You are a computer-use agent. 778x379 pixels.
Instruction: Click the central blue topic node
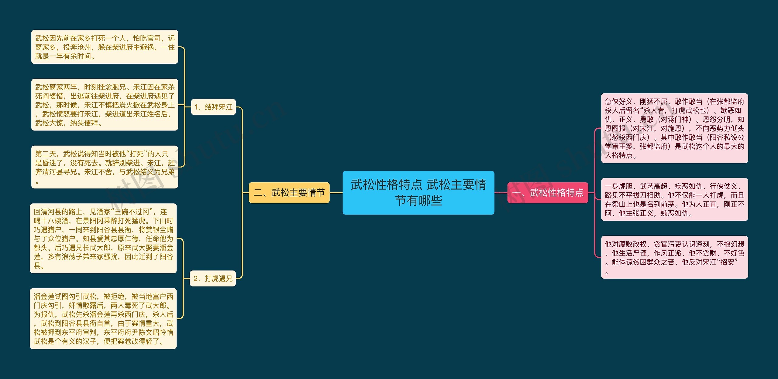point(418,192)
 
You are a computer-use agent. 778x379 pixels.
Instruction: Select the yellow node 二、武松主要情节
point(289,192)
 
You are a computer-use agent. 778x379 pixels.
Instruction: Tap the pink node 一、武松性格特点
point(548,192)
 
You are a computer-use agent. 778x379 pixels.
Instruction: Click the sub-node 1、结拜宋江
point(213,107)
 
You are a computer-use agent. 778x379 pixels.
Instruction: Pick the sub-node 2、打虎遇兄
point(213,278)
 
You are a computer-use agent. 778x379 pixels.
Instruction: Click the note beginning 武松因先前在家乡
point(105,47)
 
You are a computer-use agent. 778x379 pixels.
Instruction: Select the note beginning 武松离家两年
point(105,105)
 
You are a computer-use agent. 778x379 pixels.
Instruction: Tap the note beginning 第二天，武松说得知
point(105,167)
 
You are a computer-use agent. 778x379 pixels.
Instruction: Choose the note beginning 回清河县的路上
point(103,238)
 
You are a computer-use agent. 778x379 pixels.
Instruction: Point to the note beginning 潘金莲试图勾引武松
point(103,319)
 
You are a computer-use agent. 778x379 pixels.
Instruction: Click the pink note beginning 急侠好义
point(674,128)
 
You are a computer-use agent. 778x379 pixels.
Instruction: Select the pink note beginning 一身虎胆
point(674,199)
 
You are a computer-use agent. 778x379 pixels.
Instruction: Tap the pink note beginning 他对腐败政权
point(674,257)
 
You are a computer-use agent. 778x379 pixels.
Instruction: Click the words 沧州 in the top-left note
point(84,47)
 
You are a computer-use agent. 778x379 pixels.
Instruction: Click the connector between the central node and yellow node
point(336,192)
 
